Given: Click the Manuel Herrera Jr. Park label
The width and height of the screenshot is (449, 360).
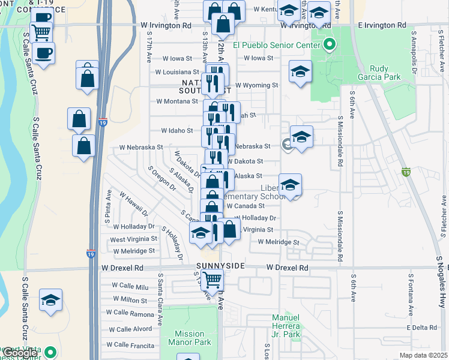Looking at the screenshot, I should pyautogui.click(x=285, y=322).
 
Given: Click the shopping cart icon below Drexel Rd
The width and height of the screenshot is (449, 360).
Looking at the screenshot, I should pyautogui.click(x=211, y=279).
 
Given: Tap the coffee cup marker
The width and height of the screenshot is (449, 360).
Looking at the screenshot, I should pyautogui.click(x=43, y=53).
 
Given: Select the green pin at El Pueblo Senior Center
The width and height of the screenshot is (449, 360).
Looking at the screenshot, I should pyautogui.click(x=330, y=44).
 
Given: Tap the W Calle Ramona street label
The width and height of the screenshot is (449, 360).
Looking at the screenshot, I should pyautogui.click(x=130, y=313).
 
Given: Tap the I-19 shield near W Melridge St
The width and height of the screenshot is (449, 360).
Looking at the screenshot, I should pyautogui.click(x=90, y=254).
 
